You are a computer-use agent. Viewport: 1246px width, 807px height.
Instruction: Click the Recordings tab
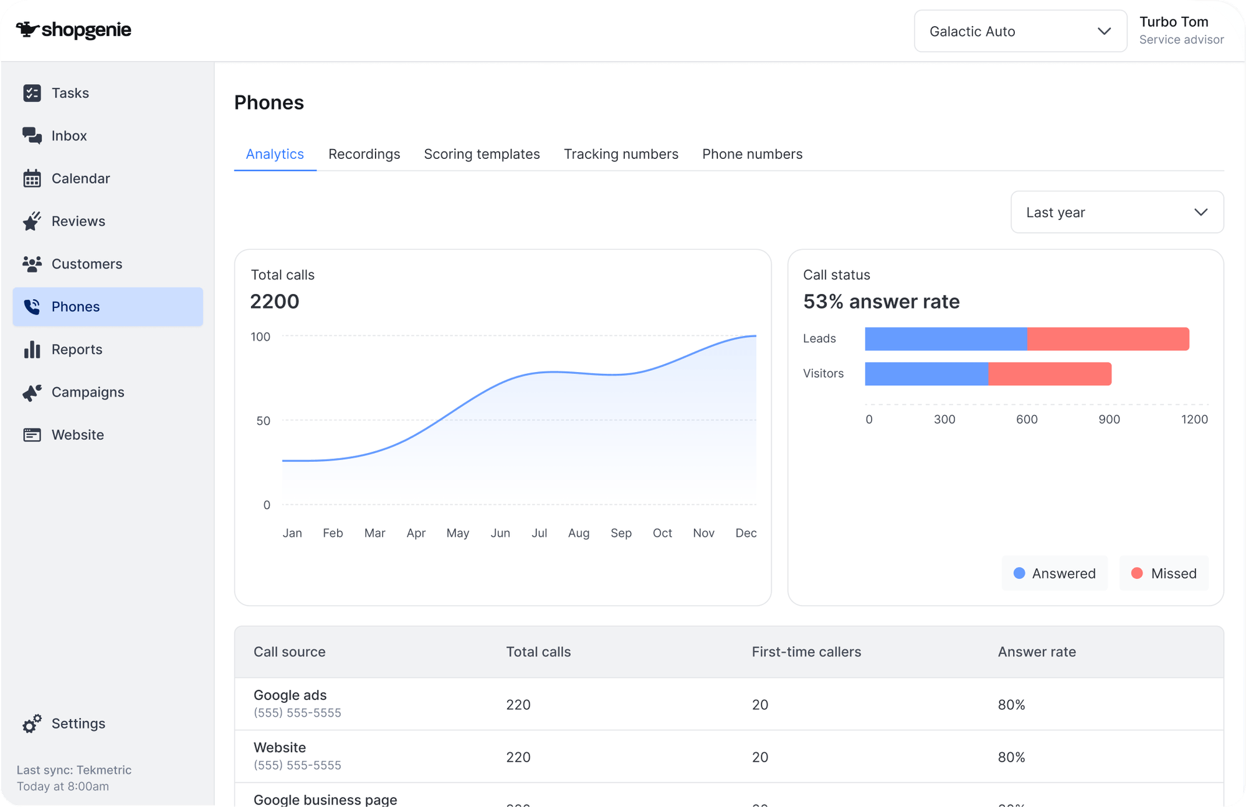click(x=364, y=154)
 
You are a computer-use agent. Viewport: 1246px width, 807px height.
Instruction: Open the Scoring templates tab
click(x=482, y=154)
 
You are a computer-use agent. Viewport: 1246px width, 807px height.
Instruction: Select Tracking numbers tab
click(x=621, y=154)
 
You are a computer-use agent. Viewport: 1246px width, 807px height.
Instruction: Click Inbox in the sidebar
click(x=69, y=136)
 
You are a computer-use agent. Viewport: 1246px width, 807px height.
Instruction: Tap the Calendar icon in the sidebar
click(x=32, y=179)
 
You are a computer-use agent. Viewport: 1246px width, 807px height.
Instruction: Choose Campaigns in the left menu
click(x=87, y=392)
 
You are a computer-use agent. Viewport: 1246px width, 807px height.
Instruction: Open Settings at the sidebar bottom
click(x=78, y=723)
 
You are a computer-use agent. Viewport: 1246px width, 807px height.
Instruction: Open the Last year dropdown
click(x=1116, y=212)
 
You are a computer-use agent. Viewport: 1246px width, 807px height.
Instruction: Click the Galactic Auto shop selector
click(x=1020, y=31)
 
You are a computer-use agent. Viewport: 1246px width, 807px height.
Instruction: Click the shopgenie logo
click(x=74, y=30)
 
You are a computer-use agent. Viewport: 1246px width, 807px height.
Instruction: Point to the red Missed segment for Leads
click(x=1108, y=339)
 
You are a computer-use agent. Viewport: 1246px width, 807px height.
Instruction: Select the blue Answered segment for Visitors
click(x=926, y=374)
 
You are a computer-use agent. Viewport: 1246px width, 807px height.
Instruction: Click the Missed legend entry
click(x=1164, y=573)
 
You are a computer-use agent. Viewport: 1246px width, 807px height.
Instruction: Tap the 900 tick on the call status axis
click(x=1109, y=419)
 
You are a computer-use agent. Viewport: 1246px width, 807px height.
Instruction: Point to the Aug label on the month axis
click(x=578, y=533)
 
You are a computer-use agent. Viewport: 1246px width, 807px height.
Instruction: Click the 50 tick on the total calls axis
click(x=263, y=421)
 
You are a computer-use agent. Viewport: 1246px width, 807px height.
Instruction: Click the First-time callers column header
click(x=806, y=652)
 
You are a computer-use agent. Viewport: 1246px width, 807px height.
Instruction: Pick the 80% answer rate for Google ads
click(x=1011, y=705)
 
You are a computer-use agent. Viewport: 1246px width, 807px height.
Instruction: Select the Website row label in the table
click(x=280, y=747)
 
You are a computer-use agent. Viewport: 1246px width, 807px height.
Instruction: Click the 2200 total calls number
click(x=275, y=302)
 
